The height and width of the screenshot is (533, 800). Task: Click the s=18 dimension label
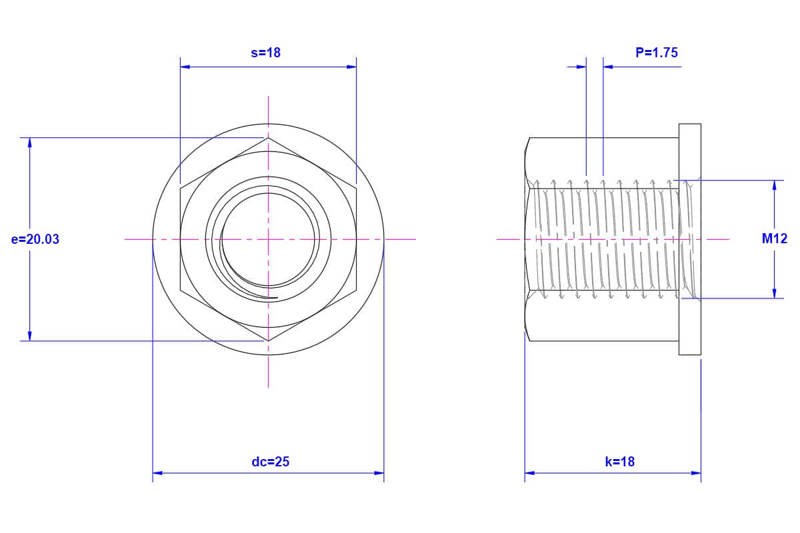[x=266, y=53]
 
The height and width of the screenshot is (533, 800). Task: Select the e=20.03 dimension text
[x=35, y=239]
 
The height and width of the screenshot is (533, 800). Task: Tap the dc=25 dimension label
[x=271, y=462]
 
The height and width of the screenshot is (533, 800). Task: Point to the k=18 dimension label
[x=619, y=462]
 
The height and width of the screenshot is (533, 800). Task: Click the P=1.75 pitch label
[x=657, y=53]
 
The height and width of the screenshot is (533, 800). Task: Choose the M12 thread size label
[x=774, y=239]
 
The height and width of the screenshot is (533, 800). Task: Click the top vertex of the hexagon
[x=268, y=138]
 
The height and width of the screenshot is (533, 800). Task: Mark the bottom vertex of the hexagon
[x=268, y=341]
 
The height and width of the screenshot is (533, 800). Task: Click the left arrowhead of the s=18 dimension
[x=185, y=67]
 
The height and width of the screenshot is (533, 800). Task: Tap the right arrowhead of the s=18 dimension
[x=351, y=67]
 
